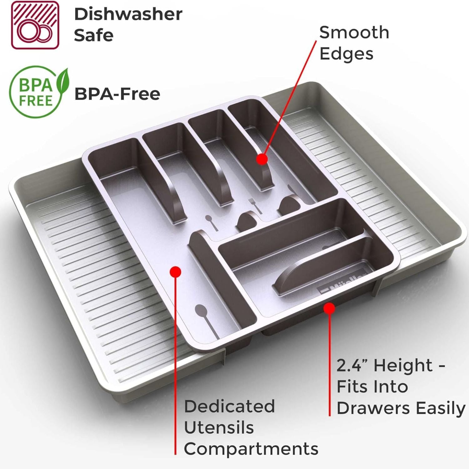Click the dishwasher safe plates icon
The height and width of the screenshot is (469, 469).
coord(35,25)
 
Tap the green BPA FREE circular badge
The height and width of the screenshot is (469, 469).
coord(35,92)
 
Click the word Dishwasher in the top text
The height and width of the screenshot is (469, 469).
coord(128,14)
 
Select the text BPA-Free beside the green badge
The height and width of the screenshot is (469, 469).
coord(117,94)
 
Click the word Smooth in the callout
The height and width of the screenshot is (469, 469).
coord(354,33)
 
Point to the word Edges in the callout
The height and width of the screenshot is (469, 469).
coord(346,54)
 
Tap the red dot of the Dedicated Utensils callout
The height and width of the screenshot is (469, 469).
coord(176,272)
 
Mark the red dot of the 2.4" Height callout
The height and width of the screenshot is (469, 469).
coord(329,309)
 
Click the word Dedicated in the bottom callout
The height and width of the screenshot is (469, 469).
coord(229,406)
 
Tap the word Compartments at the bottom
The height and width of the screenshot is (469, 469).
coord(251,449)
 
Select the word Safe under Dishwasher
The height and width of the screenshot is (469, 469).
coord(93,35)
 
